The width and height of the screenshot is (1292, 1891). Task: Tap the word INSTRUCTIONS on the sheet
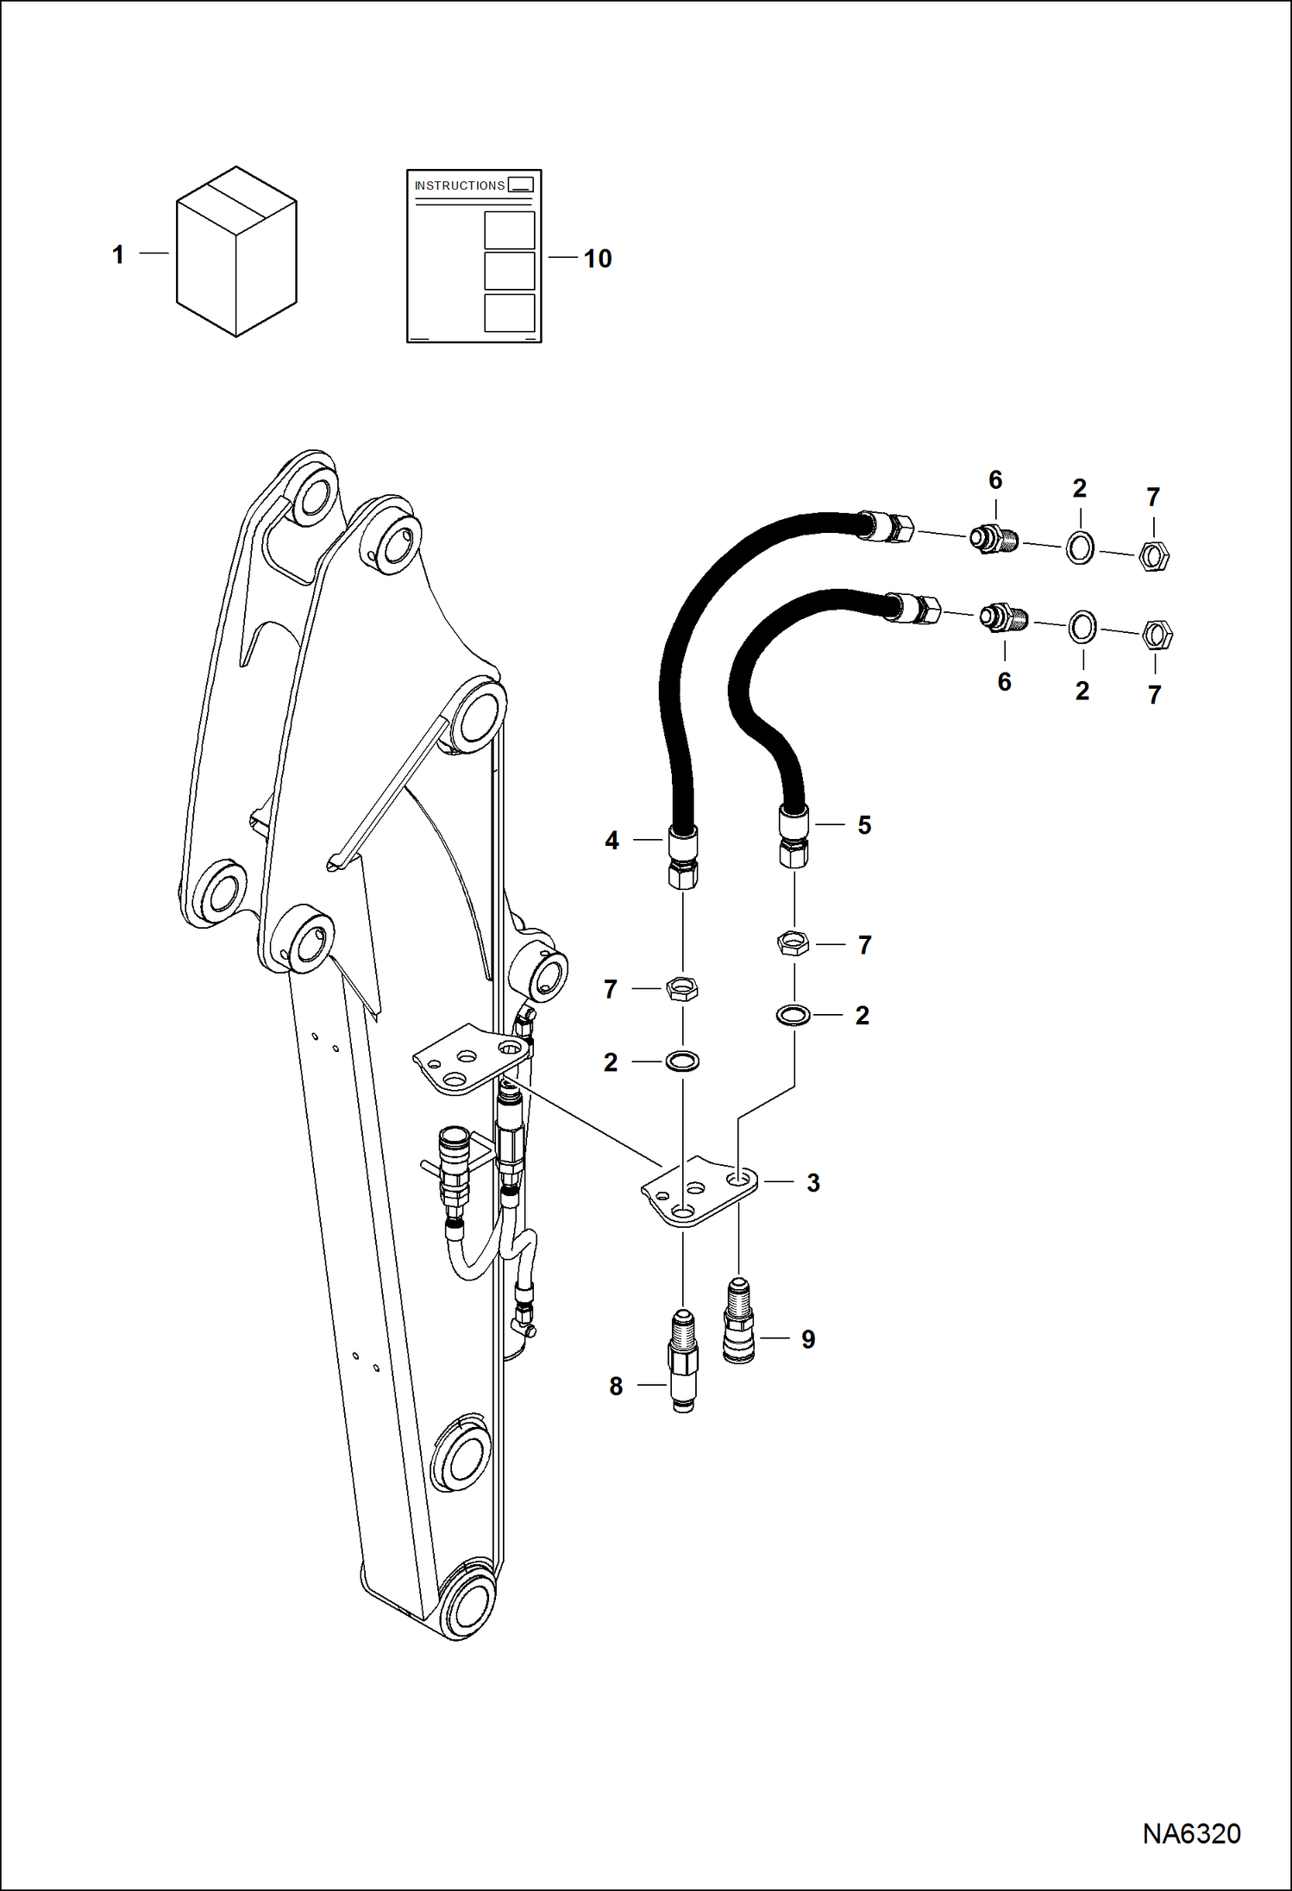pos(459,185)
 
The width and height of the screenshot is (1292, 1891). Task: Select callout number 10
pos(597,259)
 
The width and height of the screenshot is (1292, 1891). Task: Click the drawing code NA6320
pos(1191,1833)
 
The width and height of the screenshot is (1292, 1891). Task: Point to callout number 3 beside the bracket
pos(812,1183)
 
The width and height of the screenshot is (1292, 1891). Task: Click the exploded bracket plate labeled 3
pos(699,1194)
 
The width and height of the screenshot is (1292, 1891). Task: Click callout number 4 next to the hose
pos(612,840)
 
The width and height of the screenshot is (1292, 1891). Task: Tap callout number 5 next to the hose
pos(864,825)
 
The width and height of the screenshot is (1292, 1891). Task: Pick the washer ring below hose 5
pos(793,1015)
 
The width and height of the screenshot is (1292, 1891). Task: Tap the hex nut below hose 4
pos(682,988)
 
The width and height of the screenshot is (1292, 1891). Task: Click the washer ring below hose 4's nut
pos(682,1061)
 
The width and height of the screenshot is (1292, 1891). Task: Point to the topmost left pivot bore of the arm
pos(312,502)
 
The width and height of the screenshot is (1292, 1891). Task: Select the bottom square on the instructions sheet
pos(509,312)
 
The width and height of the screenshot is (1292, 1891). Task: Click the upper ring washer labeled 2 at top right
pos(1080,547)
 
